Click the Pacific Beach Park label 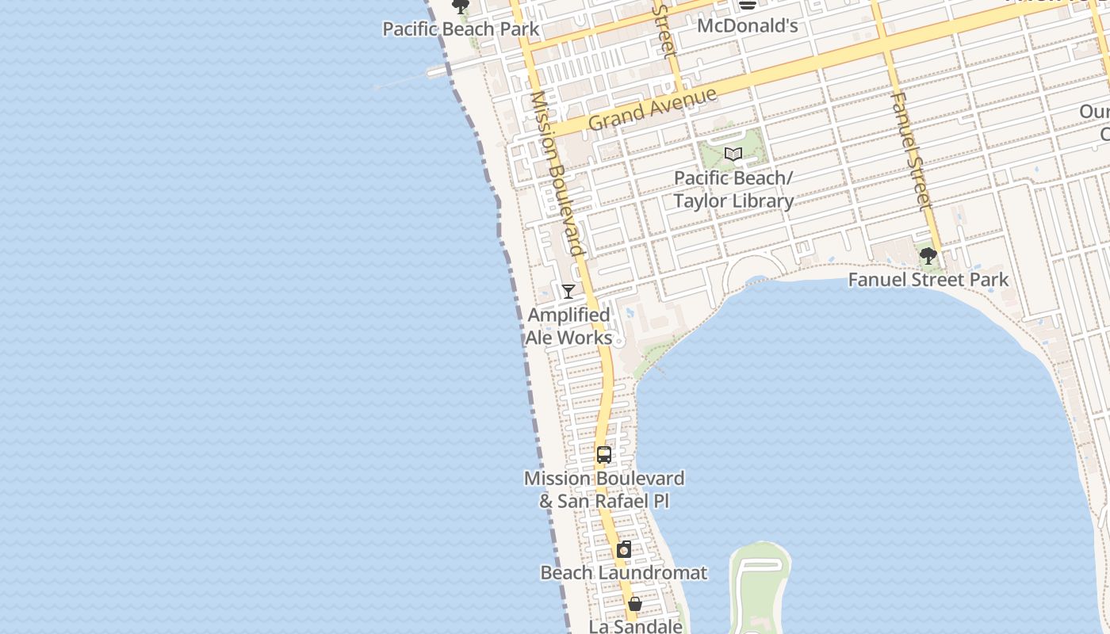[x=461, y=29]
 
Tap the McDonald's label [x=747, y=26]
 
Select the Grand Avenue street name [x=653, y=109]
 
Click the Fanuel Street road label [x=910, y=151]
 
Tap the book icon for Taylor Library [x=733, y=154]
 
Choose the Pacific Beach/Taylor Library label [x=733, y=189]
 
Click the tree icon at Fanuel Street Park [x=928, y=256]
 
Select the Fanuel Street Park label [x=928, y=280]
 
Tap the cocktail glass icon [x=568, y=291]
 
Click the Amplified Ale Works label [x=569, y=326]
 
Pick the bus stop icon [x=604, y=455]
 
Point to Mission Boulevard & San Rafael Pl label [x=604, y=490]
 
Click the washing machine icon [x=624, y=549]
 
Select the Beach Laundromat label [x=624, y=572]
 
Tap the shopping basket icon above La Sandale [x=635, y=604]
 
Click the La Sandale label [x=635, y=626]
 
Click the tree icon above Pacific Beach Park [x=460, y=7]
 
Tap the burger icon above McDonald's [x=747, y=5]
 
